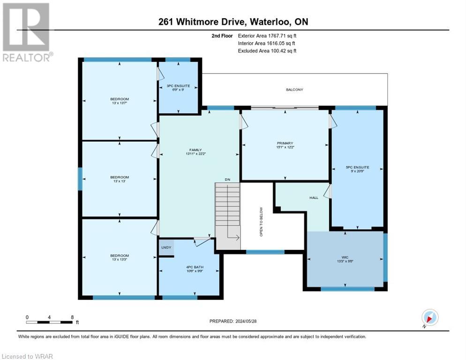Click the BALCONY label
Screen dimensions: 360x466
pos(294,90)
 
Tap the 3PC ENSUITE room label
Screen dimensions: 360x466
pos(178,86)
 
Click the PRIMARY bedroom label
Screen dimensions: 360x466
pos(285,143)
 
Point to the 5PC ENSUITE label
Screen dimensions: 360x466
pos(358,167)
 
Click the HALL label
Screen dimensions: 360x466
pos(314,198)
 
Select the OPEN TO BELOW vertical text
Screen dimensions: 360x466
pos(262,222)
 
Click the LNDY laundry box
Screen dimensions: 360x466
pos(166,247)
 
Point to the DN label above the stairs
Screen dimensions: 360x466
pos(227,180)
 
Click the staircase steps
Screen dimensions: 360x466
pos(227,211)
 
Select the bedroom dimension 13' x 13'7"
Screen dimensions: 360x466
pos(120,103)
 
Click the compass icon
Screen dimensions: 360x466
pos(429,318)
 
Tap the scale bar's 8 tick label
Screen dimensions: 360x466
pos(72,317)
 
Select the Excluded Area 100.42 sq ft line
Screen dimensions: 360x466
pos(267,51)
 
